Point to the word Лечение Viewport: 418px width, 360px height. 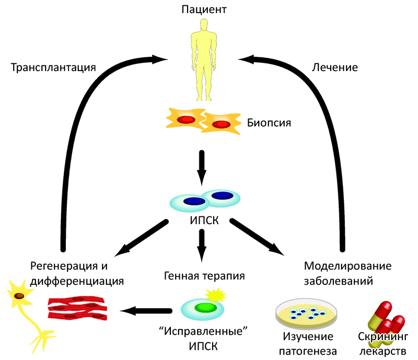click(334, 67)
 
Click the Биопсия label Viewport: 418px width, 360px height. click(269, 123)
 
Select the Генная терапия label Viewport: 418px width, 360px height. click(204, 275)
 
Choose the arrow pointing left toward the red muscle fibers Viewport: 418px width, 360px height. click(146, 311)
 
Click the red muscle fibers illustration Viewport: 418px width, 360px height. click(78, 309)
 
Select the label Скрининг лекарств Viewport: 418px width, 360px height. click(382, 343)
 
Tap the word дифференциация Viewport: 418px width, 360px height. click(77, 281)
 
